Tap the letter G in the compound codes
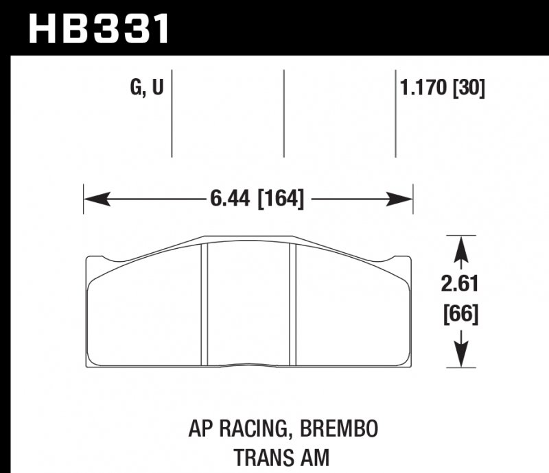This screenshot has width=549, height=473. [x=135, y=89]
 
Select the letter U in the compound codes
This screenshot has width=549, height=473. [x=157, y=89]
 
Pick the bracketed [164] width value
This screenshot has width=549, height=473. [x=280, y=199]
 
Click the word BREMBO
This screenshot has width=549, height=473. [x=338, y=429]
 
